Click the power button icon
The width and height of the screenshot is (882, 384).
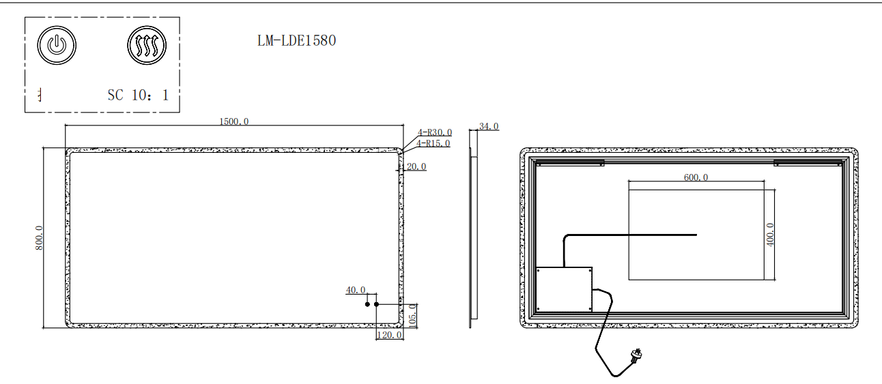pos(57,46)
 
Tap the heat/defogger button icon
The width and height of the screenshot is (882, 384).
pos(147,46)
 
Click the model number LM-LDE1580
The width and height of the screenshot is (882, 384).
pos(296,40)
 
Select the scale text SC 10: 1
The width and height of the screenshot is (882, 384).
pos(138,95)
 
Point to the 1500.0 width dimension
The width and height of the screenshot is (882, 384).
pos(233,121)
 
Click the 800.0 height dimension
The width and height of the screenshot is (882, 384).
pos(39,237)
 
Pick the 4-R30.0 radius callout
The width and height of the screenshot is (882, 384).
pos(435,132)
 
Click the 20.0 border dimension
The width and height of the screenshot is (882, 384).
pos(416,166)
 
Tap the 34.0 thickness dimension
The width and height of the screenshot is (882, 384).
pos(489,126)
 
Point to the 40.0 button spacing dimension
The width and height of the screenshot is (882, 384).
pos(356,290)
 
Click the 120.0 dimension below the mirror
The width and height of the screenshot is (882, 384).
pos(389,335)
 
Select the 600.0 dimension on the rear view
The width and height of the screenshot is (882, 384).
pos(696,177)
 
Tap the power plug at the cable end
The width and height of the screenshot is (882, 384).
pos(636,355)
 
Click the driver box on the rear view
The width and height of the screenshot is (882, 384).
pos(564,289)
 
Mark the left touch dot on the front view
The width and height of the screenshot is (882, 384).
pos(367,304)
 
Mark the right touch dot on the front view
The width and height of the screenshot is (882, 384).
pos(377,304)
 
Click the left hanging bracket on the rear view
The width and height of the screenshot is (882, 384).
pos(569,162)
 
